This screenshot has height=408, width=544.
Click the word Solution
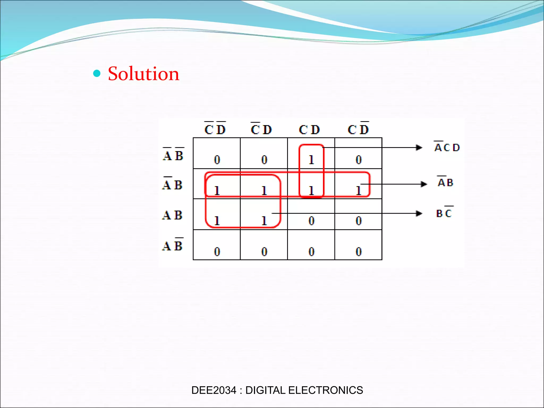point(143,74)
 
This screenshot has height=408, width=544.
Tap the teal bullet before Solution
point(97,73)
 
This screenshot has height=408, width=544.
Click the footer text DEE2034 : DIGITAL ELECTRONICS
point(277,390)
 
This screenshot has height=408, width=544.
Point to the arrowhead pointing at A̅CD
point(419,147)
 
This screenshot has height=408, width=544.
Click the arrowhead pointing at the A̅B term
point(424,184)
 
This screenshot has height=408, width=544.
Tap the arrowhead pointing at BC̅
point(419,213)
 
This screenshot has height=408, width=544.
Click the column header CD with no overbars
point(309,130)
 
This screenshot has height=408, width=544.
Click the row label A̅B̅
point(173,155)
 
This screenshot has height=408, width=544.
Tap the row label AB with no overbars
point(172,215)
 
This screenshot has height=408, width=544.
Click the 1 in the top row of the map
point(311,160)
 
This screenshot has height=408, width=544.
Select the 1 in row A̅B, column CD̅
point(359,190)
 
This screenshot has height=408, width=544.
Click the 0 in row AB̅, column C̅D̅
point(217,251)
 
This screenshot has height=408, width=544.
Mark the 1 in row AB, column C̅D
point(264,221)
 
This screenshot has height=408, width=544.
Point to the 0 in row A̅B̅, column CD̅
point(359,160)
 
